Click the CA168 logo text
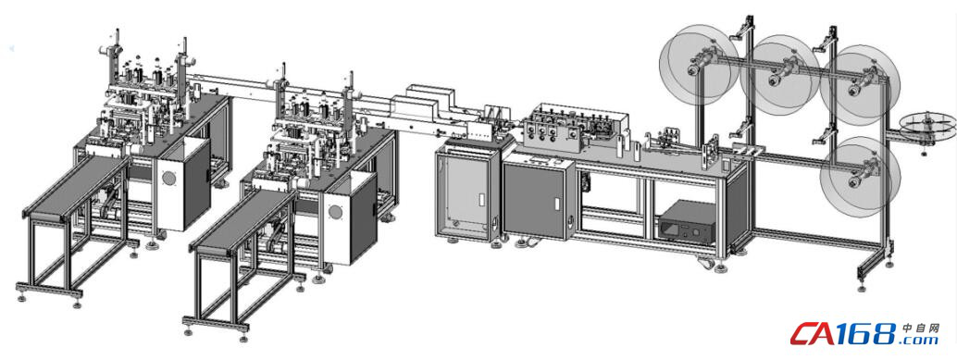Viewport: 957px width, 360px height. [845, 334]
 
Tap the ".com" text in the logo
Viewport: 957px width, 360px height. [920, 340]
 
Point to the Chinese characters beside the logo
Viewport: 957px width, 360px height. [920, 328]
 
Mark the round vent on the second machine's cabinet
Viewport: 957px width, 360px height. [335, 212]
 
